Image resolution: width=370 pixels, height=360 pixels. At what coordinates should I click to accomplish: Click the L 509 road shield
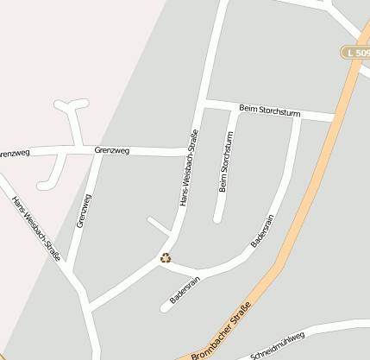click(x=354, y=53)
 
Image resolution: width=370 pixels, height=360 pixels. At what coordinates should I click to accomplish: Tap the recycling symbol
click(x=165, y=257)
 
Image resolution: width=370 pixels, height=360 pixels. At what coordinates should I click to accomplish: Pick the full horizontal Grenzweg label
click(x=112, y=151)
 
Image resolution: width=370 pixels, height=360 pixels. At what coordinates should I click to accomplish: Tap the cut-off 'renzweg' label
click(x=15, y=154)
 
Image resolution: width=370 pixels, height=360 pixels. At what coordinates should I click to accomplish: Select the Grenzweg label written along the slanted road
click(x=84, y=210)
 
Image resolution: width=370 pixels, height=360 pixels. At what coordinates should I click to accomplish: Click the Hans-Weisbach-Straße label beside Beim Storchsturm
click(x=188, y=168)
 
